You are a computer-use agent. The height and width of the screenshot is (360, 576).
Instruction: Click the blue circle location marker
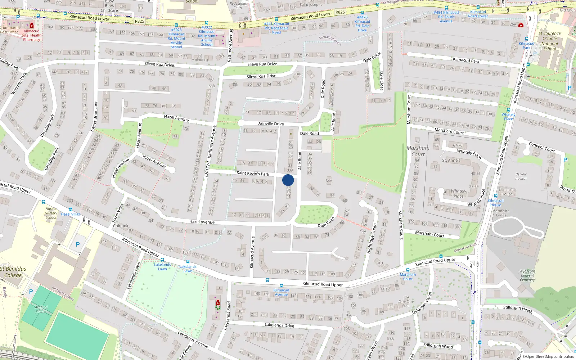(x=288, y=180)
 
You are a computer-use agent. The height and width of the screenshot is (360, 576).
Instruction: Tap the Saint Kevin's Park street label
(x=253, y=173)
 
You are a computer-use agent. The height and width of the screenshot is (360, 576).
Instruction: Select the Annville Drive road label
(x=271, y=123)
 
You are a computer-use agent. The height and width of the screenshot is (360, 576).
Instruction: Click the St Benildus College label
(x=13, y=272)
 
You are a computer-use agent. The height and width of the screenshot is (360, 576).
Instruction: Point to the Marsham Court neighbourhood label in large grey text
(x=418, y=151)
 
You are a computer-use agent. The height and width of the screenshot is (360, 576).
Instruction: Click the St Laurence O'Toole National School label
(x=549, y=41)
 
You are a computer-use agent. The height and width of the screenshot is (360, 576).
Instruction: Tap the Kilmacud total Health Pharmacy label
(x=32, y=35)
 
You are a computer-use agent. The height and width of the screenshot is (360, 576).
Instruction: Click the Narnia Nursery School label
(x=51, y=213)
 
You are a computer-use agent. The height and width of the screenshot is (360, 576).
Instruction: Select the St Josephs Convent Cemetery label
(x=527, y=275)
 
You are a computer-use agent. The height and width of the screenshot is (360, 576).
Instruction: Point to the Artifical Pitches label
(x=41, y=309)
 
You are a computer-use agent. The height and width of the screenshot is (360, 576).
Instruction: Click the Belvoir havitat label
(x=521, y=176)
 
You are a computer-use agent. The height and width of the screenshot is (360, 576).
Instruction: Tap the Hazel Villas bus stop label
(x=71, y=214)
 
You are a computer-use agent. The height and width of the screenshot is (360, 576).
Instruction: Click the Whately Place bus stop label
(x=508, y=117)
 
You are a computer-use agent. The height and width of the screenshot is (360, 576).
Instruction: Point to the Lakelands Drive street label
(x=279, y=325)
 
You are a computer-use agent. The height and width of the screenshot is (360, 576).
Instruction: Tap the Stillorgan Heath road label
(x=517, y=309)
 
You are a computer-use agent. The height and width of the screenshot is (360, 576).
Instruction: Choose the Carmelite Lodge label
(x=501, y=213)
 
